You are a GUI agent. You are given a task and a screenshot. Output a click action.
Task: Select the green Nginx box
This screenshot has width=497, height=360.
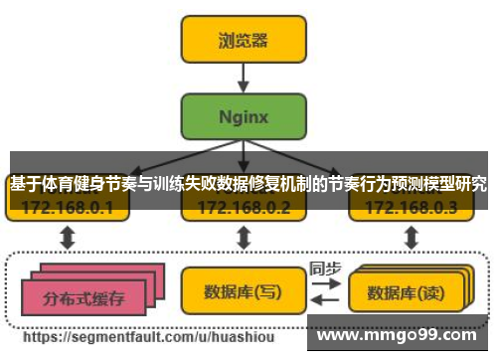coord(243,115)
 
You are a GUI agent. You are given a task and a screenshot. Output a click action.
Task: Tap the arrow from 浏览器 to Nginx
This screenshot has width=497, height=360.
coord(243,77)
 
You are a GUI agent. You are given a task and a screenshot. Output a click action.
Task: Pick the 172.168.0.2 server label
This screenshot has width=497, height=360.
coord(244,208)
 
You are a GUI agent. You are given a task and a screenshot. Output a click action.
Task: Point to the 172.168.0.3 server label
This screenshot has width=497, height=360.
coord(411,208)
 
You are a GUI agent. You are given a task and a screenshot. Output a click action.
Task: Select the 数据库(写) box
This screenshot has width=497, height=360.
coord(242,291)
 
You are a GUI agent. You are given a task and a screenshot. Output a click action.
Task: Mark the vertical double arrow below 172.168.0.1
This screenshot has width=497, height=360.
coord(68,238)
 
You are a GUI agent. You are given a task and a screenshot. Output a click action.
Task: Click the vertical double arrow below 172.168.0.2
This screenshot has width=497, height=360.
coord(243,238)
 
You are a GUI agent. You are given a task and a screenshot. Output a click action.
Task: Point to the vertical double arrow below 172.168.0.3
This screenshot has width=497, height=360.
coord(410,238)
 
